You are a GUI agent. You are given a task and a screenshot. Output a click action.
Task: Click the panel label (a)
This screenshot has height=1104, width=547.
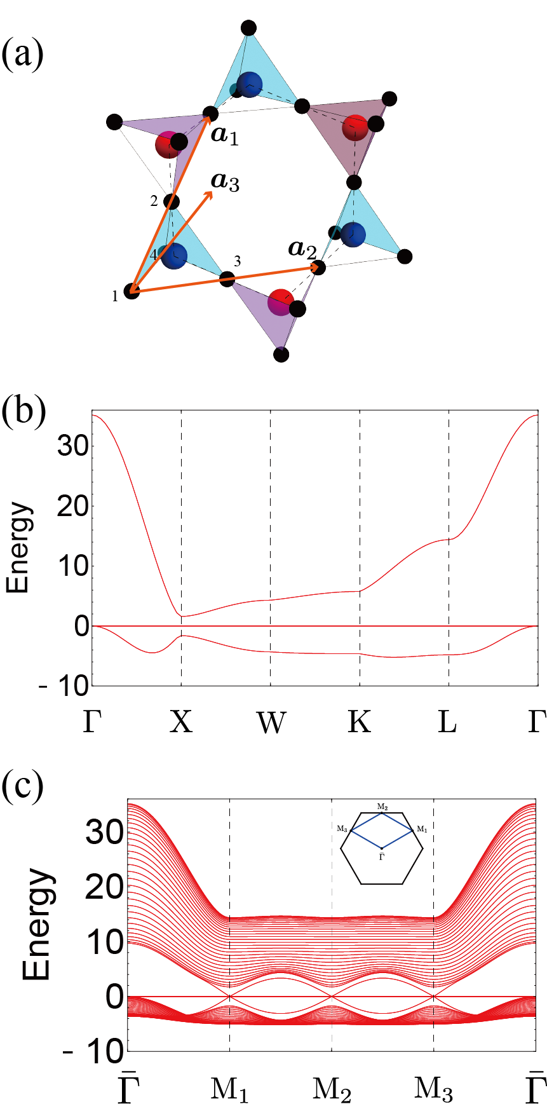23,55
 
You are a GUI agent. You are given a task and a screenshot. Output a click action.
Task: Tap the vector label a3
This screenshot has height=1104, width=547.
226,182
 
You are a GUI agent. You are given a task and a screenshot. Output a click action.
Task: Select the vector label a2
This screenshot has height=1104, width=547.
302,249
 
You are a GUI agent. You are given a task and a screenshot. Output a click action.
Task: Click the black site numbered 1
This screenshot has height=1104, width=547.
132,292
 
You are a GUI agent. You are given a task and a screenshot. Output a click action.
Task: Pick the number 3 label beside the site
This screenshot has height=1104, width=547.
237,261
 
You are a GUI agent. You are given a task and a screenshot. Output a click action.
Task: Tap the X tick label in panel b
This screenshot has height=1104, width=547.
181,721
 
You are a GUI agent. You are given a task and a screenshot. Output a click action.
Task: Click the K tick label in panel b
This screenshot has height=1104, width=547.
360,721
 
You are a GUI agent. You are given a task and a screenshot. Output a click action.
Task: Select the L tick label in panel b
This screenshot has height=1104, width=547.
448,721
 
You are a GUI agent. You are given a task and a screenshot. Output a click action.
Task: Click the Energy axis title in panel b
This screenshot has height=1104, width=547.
18,548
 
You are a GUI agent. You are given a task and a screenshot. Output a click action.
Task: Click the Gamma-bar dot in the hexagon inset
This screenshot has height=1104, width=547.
381,848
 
